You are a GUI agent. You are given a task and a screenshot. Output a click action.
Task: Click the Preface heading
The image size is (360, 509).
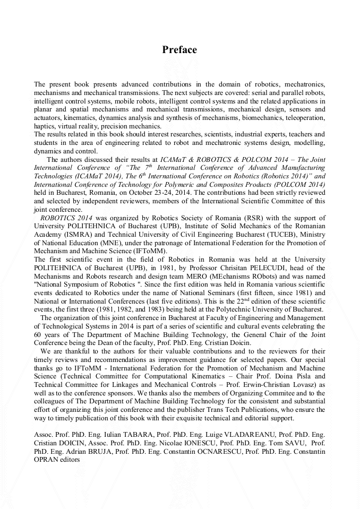pos(179,50)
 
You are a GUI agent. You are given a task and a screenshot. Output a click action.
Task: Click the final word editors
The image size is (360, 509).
pos(67,460)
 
